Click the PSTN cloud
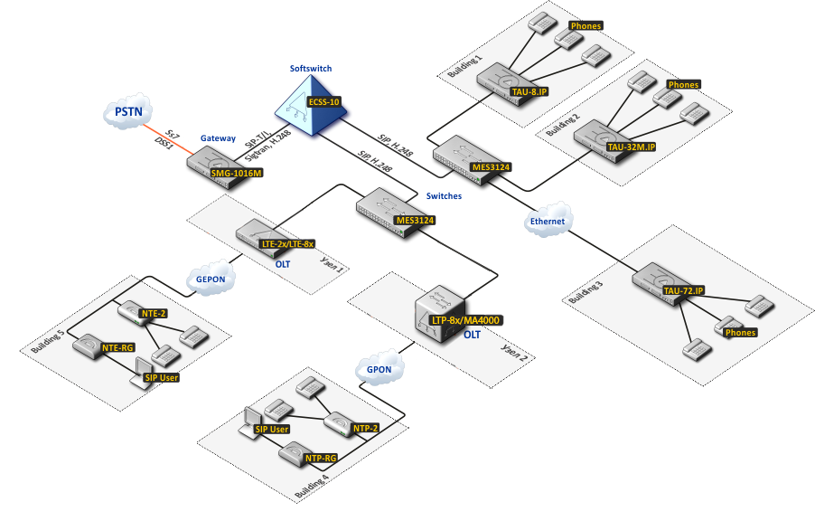coord(126,113)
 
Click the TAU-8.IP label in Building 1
coord(530,91)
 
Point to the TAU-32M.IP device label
coord(631,146)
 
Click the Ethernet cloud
coord(547,222)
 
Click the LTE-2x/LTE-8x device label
coord(287,244)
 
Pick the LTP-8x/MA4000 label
coord(466,320)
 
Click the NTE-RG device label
coord(118,346)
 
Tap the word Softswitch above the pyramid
coord(310,69)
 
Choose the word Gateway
coord(218,138)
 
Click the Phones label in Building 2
coord(683,85)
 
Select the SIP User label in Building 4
coord(271,429)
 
